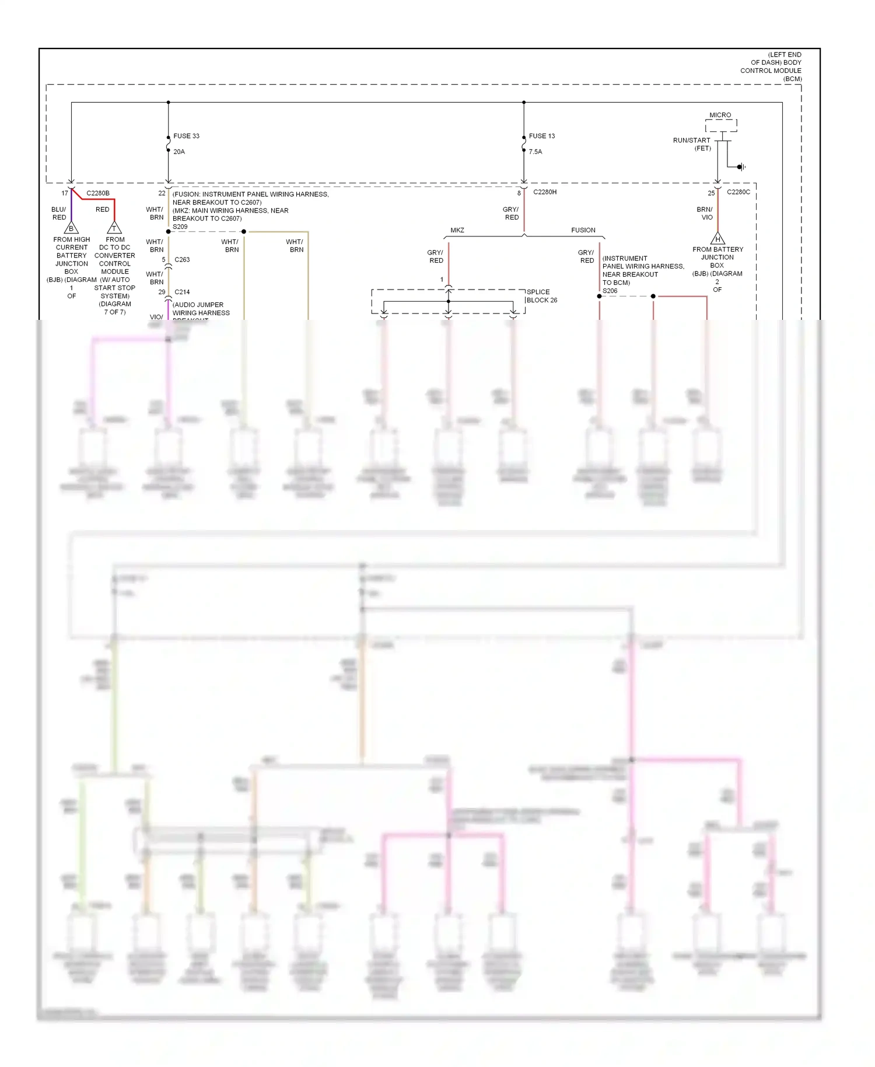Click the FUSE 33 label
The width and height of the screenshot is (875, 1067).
186,136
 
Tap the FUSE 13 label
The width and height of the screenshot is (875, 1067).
541,136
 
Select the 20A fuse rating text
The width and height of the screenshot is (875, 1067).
179,152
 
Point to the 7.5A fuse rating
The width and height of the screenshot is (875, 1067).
535,152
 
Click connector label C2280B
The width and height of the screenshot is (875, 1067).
98,193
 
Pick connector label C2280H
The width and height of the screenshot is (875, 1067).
545,192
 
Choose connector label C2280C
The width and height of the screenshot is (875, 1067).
738,192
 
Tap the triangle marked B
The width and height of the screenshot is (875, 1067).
71,228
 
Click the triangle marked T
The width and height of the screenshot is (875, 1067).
114,228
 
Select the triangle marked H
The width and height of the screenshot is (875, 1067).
717,239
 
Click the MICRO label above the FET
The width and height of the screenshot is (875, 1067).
720,115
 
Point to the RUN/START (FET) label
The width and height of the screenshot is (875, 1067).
692,144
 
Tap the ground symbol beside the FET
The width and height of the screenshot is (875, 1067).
741,167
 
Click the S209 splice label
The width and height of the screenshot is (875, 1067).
180,226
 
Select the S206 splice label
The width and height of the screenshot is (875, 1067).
610,291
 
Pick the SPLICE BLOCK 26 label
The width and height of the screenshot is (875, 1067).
541,296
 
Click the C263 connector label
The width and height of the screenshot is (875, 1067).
182,260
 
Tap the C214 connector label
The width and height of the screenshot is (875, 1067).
182,292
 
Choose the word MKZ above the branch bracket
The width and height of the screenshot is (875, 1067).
457,230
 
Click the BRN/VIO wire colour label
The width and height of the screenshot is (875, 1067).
705,213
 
